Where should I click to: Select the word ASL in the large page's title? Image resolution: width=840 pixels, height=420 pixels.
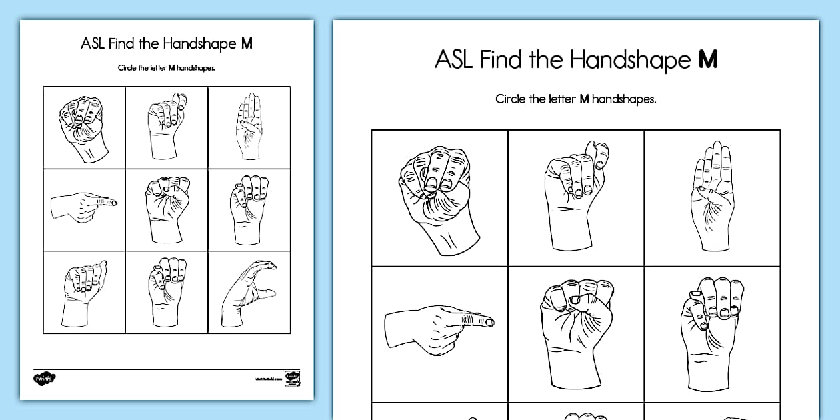(x=455, y=59)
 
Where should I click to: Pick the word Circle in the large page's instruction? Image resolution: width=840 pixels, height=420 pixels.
(x=510, y=99)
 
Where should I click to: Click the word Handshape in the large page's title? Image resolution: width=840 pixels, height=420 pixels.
(x=628, y=59)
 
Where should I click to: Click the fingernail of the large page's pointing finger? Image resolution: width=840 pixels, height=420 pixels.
(x=489, y=322)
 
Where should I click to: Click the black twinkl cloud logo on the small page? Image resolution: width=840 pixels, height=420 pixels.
(x=45, y=378)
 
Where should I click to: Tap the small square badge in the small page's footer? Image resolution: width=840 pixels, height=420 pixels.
(x=291, y=377)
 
